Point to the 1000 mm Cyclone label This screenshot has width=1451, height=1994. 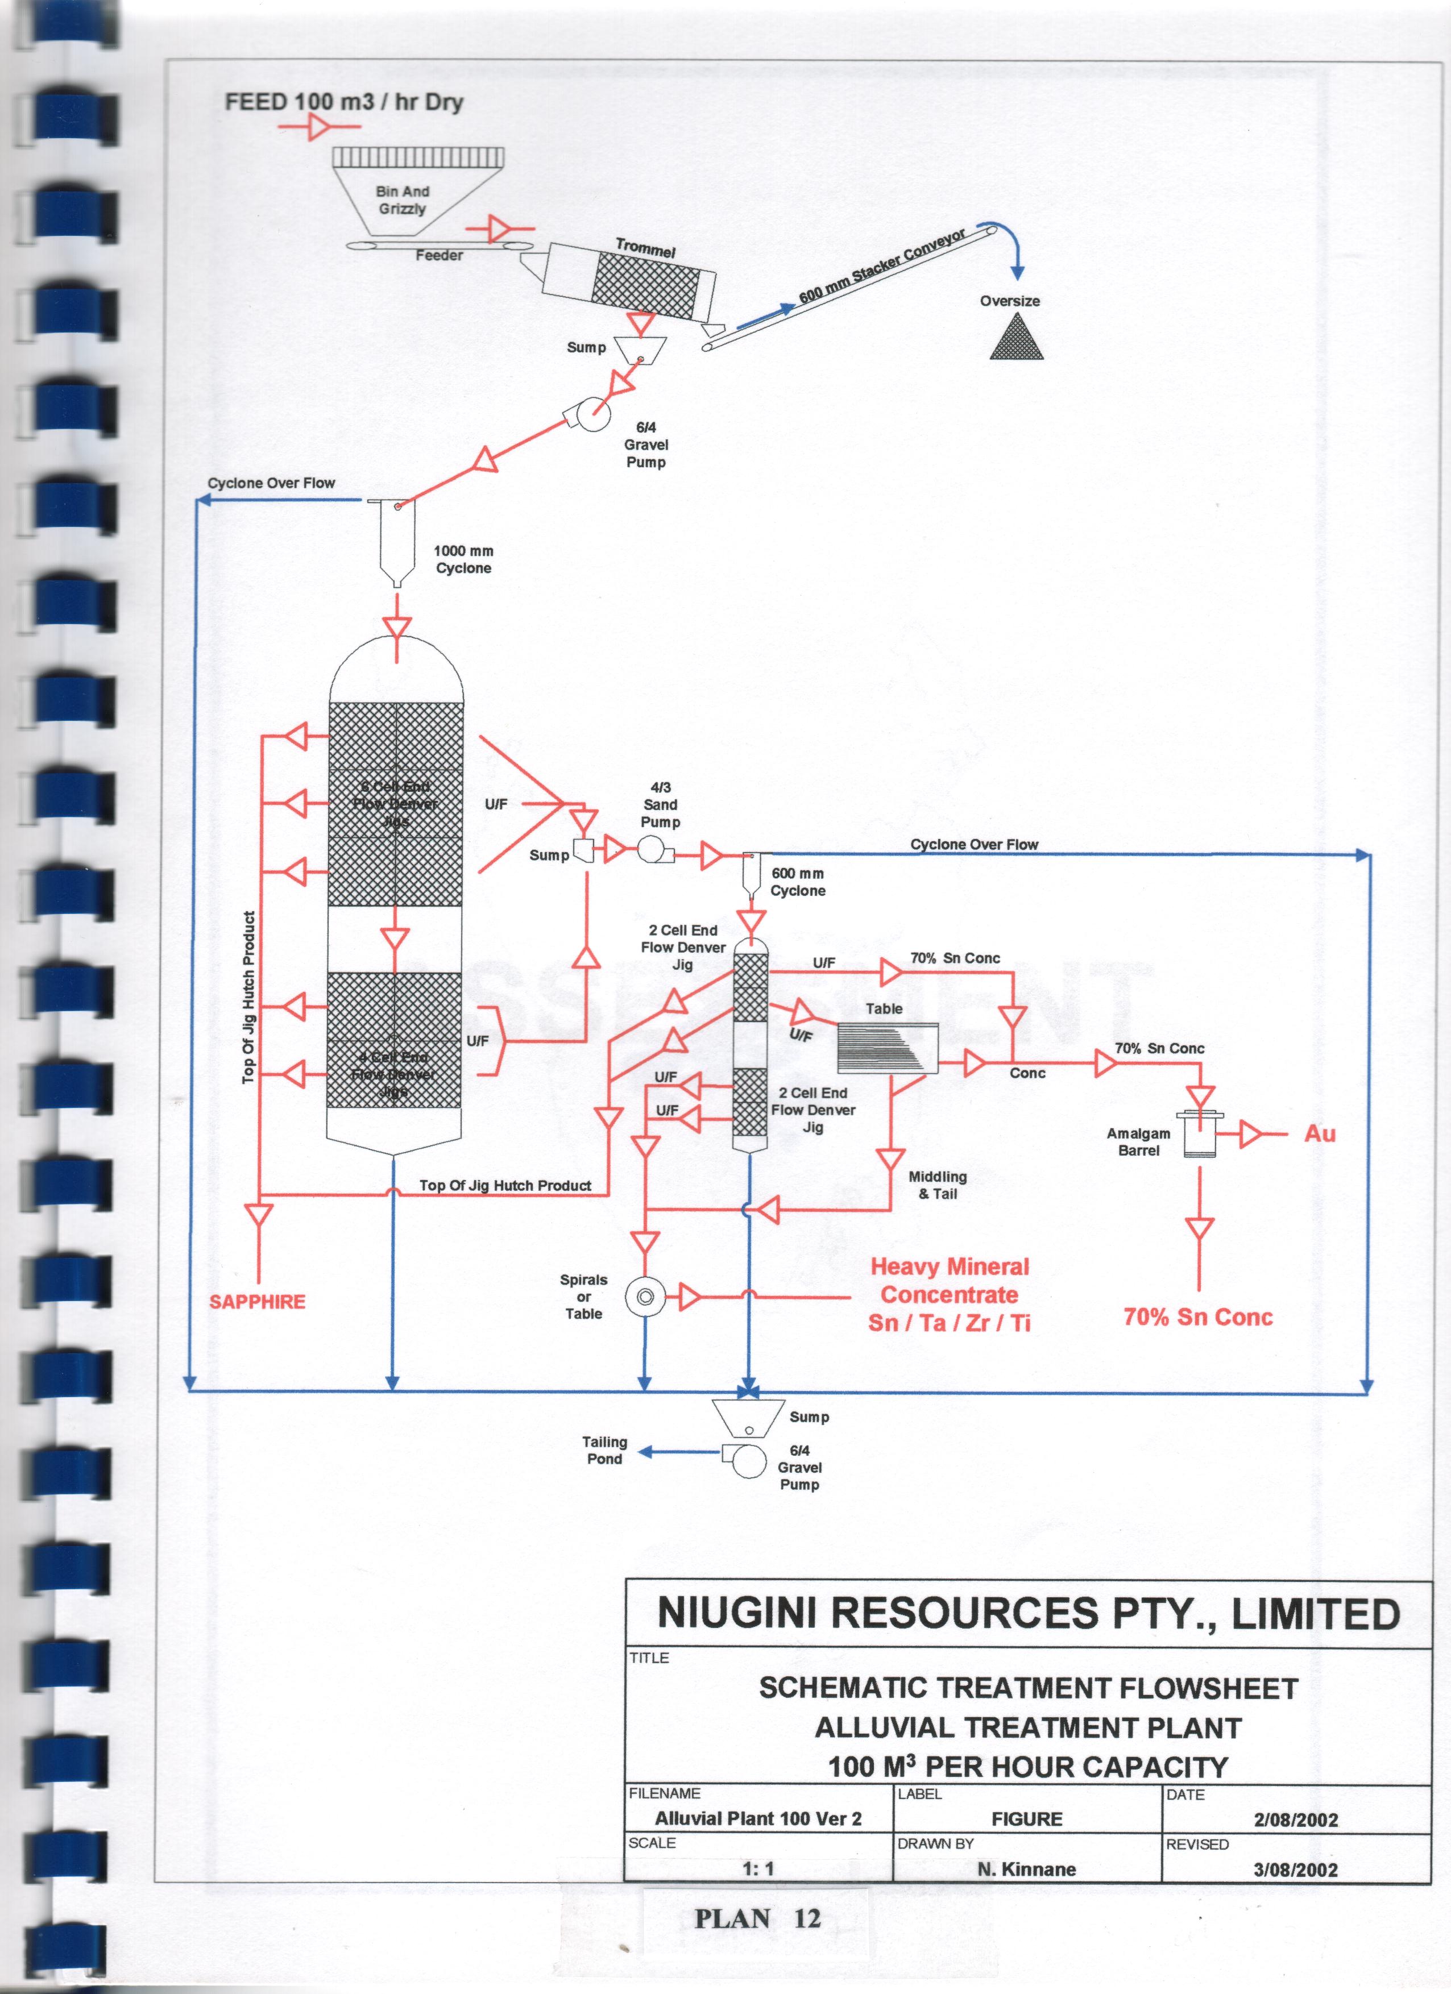pyautogui.click(x=463, y=559)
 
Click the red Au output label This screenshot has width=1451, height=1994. pyautogui.click(x=1319, y=1134)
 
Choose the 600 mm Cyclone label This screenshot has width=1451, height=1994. pyautogui.click(x=798, y=882)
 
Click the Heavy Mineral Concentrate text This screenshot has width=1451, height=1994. pyautogui.click(x=949, y=1294)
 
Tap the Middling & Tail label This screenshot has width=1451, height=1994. pyautogui.click(x=938, y=1185)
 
